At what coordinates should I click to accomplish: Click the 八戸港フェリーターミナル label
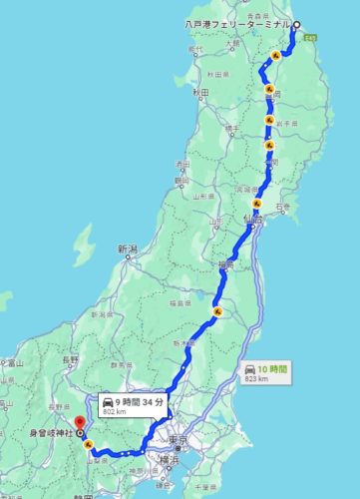[236, 23]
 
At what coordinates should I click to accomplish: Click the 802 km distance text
[114, 411]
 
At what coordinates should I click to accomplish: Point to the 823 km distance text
[258, 379]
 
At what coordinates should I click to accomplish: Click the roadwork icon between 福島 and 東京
[215, 315]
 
